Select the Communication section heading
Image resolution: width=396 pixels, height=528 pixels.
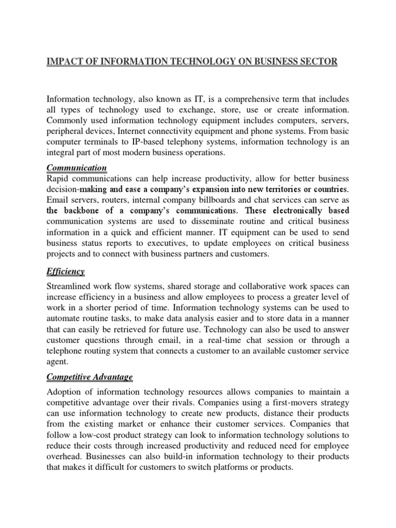(77, 168)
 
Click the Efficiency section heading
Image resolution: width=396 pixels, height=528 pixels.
(65, 271)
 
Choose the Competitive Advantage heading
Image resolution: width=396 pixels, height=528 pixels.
(90, 377)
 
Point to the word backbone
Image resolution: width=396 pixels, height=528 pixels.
(84, 211)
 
